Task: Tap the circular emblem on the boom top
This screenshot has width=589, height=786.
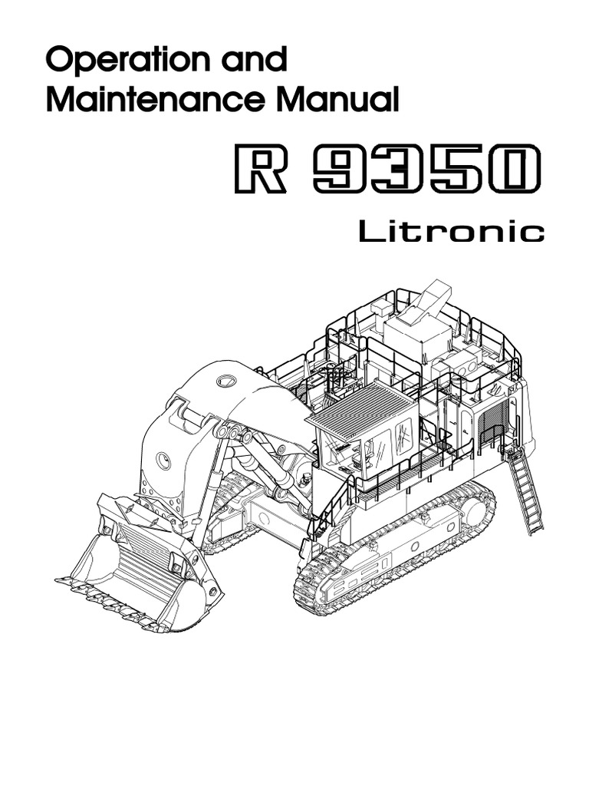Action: click(x=226, y=381)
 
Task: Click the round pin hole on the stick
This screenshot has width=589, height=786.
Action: click(x=163, y=460)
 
